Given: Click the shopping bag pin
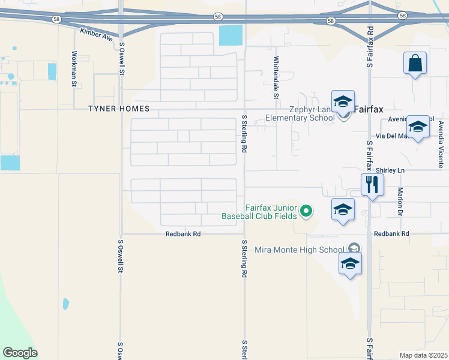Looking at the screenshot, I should [415, 63].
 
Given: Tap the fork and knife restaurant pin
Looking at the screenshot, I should [372, 184].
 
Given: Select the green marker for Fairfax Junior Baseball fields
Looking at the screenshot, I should [306, 211].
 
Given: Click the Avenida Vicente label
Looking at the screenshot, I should [441, 144].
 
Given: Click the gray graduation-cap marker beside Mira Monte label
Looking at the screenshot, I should [354, 248].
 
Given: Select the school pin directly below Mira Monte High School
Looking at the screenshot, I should [350, 264].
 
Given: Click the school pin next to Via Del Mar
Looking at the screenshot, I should [418, 127].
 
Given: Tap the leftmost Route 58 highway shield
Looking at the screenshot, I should [55, 20].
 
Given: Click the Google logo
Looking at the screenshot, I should [20, 353].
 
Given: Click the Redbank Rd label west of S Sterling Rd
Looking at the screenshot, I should [183, 234].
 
